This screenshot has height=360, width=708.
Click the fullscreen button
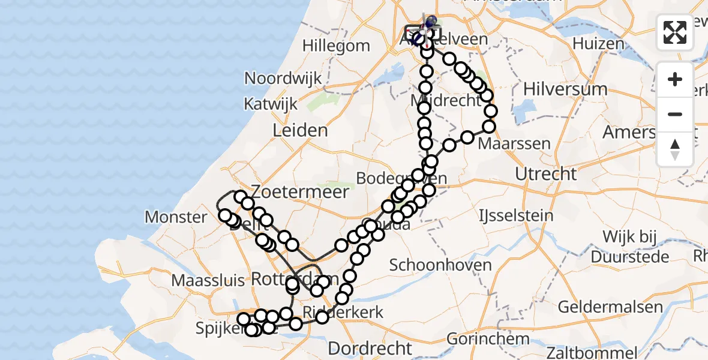[x=675, y=32]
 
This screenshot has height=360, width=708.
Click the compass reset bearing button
[x=675, y=149]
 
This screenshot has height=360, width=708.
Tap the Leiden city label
[x=300, y=130]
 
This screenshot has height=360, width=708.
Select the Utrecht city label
[x=546, y=175]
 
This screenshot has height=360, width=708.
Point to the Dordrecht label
[x=370, y=349]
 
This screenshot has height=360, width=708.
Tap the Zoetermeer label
[x=301, y=192]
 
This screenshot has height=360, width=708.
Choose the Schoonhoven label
[x=441, y=265]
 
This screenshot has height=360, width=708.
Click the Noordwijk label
[x=283, y=78]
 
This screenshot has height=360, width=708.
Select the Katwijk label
[x=271, y=104]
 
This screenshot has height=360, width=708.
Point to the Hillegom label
[x=336, y=46]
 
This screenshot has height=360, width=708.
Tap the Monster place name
[x=176, y=217]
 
